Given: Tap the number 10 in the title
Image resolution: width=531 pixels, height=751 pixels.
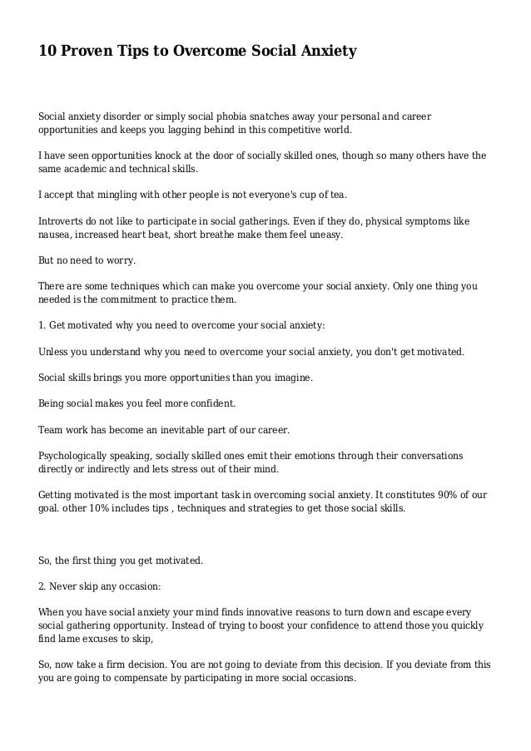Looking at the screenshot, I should pos(49,52).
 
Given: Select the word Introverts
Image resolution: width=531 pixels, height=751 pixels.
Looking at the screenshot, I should pos(63,221).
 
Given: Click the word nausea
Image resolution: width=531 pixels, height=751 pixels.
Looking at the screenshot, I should pos(57,235).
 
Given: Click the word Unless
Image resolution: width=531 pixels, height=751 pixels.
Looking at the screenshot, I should pos(55,351).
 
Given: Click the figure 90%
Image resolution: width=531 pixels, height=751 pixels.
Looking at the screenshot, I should pos(448,495).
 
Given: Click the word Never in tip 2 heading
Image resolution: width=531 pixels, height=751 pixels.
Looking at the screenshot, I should pos(66,586).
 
